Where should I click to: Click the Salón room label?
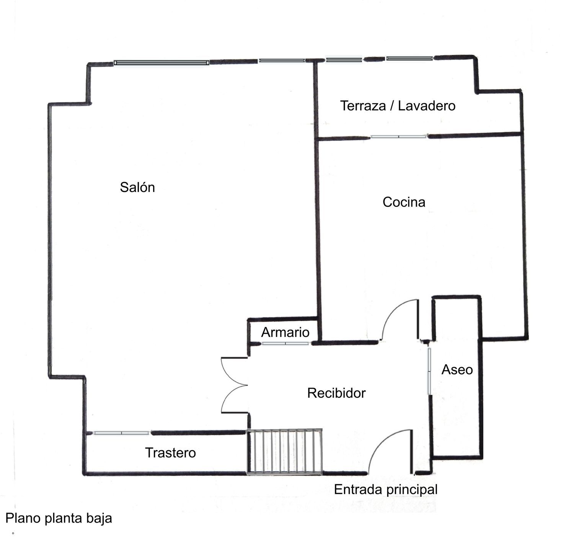point(137,187)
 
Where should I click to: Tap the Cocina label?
point(404,202)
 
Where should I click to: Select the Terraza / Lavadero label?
point(398,105)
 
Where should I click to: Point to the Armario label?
point(285,332)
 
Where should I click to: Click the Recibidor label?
point(336,393)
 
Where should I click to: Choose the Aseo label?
point(457,369)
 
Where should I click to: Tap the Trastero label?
point(171,453)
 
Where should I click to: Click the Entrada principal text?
point(386,489)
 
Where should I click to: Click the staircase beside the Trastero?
point(285,452)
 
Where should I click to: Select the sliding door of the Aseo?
point(429,371)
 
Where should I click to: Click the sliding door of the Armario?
point(285,344)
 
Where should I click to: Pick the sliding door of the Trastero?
point(121,433)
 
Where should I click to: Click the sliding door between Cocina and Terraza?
point(398,136)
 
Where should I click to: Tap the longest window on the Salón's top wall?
point(161,62)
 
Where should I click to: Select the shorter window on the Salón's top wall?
point(282,61)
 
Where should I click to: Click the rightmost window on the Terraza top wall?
point(409,59)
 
